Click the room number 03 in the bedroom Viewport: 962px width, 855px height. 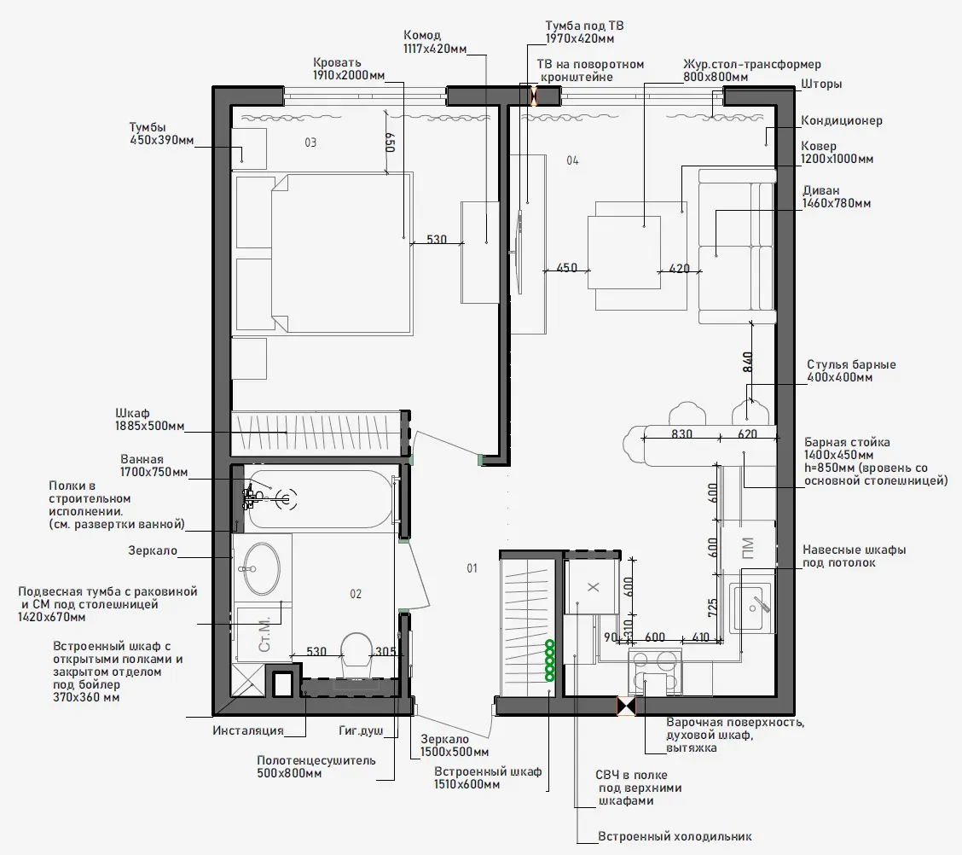click(x=310, y=142)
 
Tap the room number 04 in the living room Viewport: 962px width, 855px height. click(x=572, y=160)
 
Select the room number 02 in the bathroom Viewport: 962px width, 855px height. click(x=356, y=594)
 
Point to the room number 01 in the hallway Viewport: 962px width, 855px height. click(x=472, y=568)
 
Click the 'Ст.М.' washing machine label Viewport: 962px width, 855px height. click(x=264, y=635)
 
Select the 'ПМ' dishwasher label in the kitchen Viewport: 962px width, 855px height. click(x=748, y=548)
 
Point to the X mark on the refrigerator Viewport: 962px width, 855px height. click(x=594, y=587)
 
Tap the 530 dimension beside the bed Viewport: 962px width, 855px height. click(x=437, y=240)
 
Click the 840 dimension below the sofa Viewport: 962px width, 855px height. click(x=747, y=362)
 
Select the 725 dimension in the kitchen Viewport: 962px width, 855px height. click(x=712, y=608)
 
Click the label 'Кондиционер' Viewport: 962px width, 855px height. click(x=841, y=120)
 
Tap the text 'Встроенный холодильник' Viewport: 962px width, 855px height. click(x=675, y=836)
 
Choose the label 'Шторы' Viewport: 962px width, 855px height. click(x=821, y=84)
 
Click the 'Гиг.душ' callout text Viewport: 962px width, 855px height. click(x=361, y=730)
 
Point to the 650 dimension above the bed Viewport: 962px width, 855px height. click(x=391, y=142)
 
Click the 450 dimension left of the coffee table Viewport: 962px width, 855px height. click(x=566, y=268)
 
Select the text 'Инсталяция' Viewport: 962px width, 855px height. click(x=248, y=730)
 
